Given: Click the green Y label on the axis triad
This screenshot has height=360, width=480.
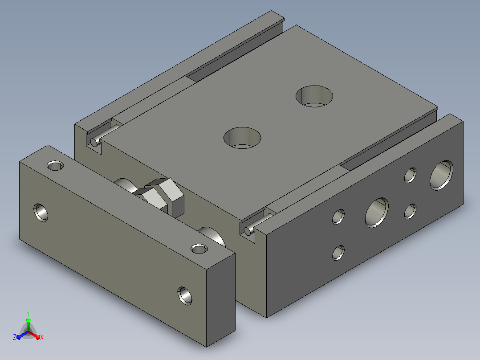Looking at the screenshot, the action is point(28,313).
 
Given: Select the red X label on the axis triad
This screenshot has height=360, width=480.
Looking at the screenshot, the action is point(42,337).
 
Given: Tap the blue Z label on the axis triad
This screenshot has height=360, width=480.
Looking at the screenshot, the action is point(15,337).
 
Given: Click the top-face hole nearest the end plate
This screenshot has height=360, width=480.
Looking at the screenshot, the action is point(242,138).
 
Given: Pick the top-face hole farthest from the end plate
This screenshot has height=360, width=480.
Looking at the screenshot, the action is point(314,96).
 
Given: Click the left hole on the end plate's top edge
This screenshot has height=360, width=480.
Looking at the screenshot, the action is point(55,166).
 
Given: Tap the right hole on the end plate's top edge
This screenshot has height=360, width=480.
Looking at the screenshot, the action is point(199,249).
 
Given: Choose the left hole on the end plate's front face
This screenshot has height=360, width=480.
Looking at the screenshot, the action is point(41,213).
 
